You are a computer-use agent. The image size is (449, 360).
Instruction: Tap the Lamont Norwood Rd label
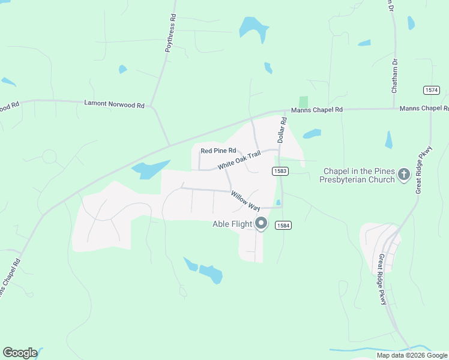coord(114,104)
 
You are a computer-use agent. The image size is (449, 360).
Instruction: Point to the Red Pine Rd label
coord(218,151)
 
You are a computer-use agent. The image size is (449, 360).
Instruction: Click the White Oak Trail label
coord(240,160)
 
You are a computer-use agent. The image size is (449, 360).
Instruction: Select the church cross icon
coord(404,175)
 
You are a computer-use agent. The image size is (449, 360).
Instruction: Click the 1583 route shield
coord(281,171)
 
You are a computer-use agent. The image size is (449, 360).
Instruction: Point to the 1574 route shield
coord(431,90)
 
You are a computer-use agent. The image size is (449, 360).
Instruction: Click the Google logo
coord(20,353)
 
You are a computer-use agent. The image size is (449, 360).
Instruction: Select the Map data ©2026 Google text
coord(412,355)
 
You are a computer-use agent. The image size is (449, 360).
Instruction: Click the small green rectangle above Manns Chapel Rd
coord(303,102)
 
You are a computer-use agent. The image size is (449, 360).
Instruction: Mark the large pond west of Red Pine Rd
coord(149,170)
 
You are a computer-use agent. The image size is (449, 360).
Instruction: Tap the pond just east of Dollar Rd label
coord(312,134)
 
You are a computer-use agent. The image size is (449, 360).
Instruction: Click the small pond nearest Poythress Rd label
coord(122,69)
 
